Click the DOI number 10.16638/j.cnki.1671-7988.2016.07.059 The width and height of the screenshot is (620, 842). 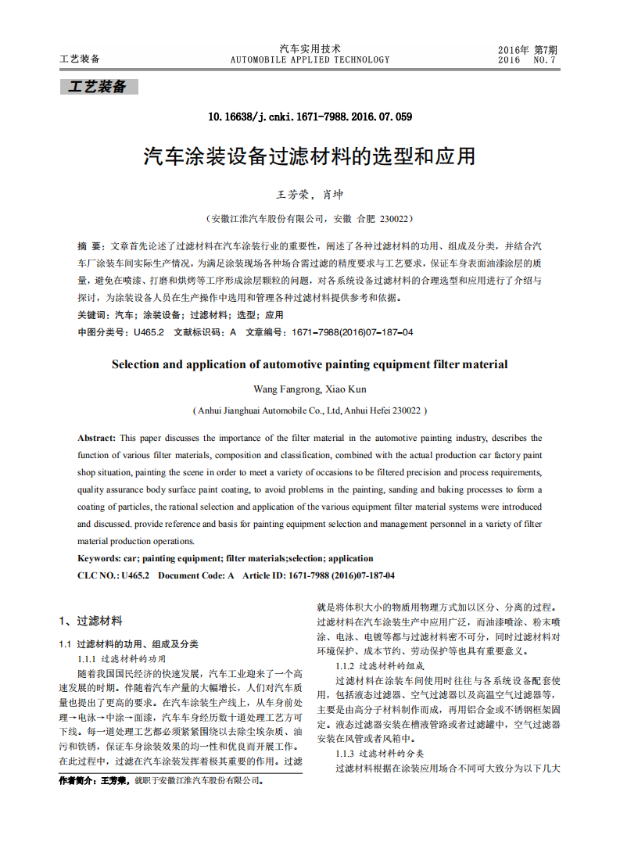[x=310, y=116]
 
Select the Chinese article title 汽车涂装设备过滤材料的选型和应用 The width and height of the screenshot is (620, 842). [x=310, y=156]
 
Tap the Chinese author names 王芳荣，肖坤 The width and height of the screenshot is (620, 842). [x=310, y=195]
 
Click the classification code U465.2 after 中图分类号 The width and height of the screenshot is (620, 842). [x=149, y=332]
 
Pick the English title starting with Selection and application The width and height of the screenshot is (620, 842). [x=310, y=364]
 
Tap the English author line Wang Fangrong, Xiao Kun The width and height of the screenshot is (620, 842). [x=310, y=389]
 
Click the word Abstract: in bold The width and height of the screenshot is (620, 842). [x=97, y=438]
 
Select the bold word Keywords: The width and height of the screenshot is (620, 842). [x=99, y=558]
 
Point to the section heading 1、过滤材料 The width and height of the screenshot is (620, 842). [x=91, y=621]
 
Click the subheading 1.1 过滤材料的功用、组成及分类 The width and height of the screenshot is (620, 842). [x=129, y=644]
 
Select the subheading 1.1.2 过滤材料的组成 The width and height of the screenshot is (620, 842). [x=379, y=665]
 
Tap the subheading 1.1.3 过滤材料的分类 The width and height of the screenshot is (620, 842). [x=379, y=754]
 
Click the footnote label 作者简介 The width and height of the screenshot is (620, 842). [x=79, y=780]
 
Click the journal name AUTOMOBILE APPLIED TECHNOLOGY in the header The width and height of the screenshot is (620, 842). [x=310, y=59]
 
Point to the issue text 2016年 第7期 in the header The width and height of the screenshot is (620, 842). [x=527, y=49]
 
